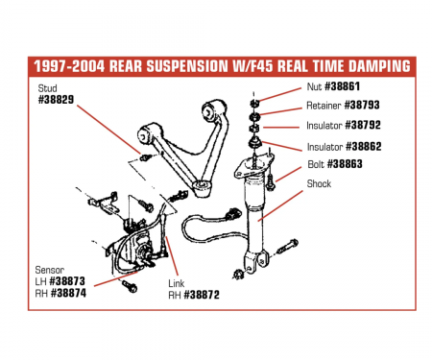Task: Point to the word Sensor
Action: [50, 271]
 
